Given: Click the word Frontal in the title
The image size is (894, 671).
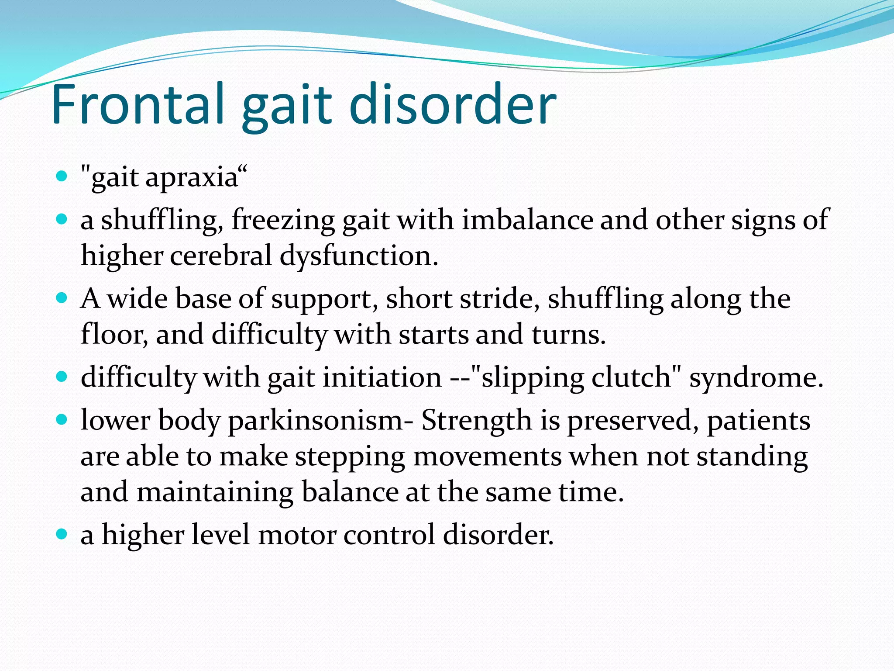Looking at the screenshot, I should click(x=138, y=105).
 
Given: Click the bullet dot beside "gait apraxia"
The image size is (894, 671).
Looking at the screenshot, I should click(x=62, y=176).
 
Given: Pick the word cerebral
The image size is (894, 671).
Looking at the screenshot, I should click(x=221, y=255).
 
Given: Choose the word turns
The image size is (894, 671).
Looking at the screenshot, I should click(x=568, y=335).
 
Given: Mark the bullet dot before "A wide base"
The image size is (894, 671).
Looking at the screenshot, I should click(x=62, y=298).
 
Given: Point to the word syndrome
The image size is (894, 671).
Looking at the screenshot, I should click(x=756, y=378).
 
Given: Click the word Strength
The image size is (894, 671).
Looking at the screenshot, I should click(x=476, y=421).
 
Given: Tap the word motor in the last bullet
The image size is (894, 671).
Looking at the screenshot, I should click(x=297, y=535).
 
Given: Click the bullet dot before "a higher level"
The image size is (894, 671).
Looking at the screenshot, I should click(x=62, y=534).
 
